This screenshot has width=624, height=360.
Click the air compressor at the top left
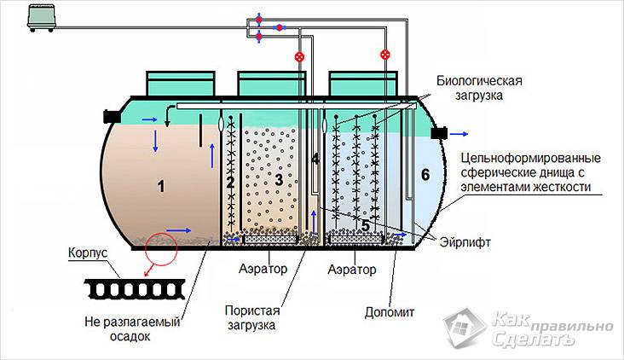[42, 18]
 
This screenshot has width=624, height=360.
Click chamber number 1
[161, 186]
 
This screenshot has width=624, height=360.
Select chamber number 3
[279, 180]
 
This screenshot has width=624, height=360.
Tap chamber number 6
[425, 174]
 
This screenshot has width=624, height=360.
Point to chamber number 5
[366, 225]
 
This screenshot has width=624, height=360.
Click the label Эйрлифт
[465, 241]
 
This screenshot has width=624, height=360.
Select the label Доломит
[390, 312]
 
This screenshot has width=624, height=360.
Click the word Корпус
[88, 253]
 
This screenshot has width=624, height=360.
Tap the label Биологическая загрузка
[479, 88]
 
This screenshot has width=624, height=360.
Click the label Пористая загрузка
[252, 317]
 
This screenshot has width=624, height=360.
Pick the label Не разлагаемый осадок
[132, 329]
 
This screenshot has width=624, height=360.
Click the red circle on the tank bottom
[161, 249]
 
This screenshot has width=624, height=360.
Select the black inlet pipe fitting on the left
[112, 116]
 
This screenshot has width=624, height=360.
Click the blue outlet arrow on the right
[459, 134]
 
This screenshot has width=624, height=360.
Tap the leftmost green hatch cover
[181, 84]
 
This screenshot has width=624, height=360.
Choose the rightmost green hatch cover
[363, 84]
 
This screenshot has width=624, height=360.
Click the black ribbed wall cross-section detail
[135, 289]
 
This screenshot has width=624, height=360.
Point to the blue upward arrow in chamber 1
[212, 156]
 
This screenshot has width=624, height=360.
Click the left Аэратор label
[263, 269]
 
